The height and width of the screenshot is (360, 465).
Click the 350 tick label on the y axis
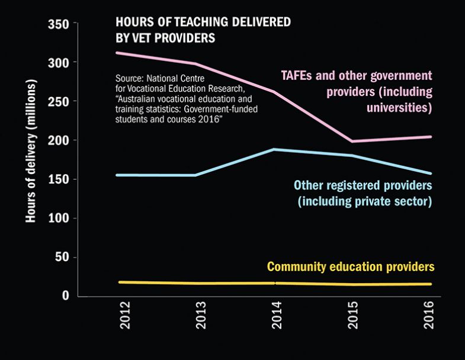click(x=59, y=24)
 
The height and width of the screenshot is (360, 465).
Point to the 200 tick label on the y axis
click(x=59, y=140)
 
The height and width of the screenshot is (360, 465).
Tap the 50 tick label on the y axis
click(x=62, y=257)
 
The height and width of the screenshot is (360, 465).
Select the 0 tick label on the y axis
click(x=66, y=295)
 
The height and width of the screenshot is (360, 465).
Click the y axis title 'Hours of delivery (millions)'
click(x=30, y=153)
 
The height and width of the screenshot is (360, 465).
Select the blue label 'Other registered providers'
click(x=363, y=185)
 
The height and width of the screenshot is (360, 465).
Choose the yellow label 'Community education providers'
click(x=351, y=266)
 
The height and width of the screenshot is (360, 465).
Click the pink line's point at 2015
click(x=352, y=141)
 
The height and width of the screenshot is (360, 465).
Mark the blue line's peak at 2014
click(x=275, y=149)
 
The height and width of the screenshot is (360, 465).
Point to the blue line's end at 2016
click(x=430, y=173)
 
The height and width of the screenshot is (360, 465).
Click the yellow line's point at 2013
click(x=200, y=283)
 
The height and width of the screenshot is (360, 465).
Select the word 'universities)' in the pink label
click(x=397, y=108)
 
